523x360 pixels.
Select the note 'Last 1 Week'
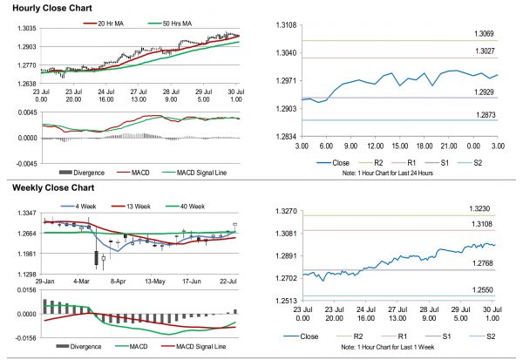pyautogui.click(x=388, y=346)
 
